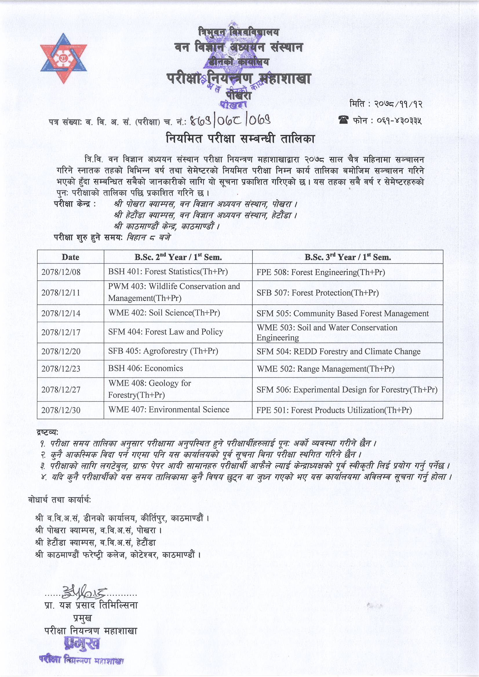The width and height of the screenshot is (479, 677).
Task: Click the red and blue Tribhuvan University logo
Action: click(64, 58)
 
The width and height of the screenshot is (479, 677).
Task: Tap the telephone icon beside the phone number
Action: click(344, 120)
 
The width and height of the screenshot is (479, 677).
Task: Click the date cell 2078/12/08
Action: click(61, 272)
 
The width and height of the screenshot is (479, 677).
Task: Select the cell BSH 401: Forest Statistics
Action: click(168, 272)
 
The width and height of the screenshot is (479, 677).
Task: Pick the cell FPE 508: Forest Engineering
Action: click(320, 272)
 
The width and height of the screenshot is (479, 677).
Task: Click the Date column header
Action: click(70, 257)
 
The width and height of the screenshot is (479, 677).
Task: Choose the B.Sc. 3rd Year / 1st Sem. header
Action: click(347, 257)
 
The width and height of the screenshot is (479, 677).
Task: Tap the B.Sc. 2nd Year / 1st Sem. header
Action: click(178, 257)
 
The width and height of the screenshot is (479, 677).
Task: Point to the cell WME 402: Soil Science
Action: click(164, 313)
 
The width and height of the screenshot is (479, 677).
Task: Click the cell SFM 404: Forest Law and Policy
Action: click(165, 332)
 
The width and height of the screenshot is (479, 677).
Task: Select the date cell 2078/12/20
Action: click(61, 352)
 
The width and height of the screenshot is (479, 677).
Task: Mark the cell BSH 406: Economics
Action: click(145, 368)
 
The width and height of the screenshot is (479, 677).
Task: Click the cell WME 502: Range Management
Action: click(325, 369)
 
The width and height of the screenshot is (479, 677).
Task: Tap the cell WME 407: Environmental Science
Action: click(169, 409)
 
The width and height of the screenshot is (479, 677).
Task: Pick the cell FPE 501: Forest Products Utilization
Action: click(334, 410)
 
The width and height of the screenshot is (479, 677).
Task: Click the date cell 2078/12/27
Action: click(61, 389)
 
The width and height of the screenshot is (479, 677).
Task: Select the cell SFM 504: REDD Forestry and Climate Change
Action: click(338, 352)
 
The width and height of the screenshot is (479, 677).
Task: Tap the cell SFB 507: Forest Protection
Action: click(317, 293)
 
